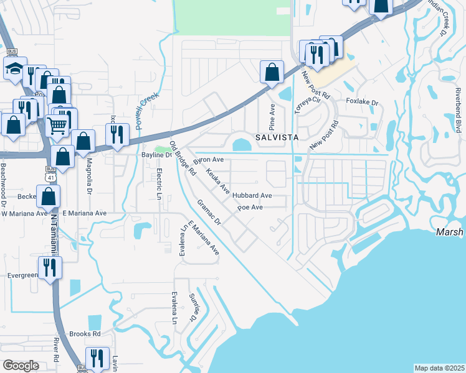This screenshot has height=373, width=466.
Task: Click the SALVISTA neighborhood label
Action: pyautogui.click(x=276, y=137)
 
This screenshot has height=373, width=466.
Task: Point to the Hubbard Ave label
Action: pyautogui.click(x=252, y=195)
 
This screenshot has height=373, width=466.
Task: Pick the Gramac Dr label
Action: pyautogui.click(x=209, y=213)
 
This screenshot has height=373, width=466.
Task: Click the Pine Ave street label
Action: pyautogui.click(x=272, y=114)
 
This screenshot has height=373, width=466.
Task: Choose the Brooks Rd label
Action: pyautogui.click(x=85, y=333)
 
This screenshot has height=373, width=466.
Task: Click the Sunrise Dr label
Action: pyautogui.click(x=193, y=309)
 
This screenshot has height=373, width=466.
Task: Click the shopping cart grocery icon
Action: pyautogui.click(x=57, y=125)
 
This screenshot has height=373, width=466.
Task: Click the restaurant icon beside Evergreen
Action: pyautogui.click(x=49, y=267)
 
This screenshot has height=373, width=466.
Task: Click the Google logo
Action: pyautogui.click(x=21, y=366)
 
